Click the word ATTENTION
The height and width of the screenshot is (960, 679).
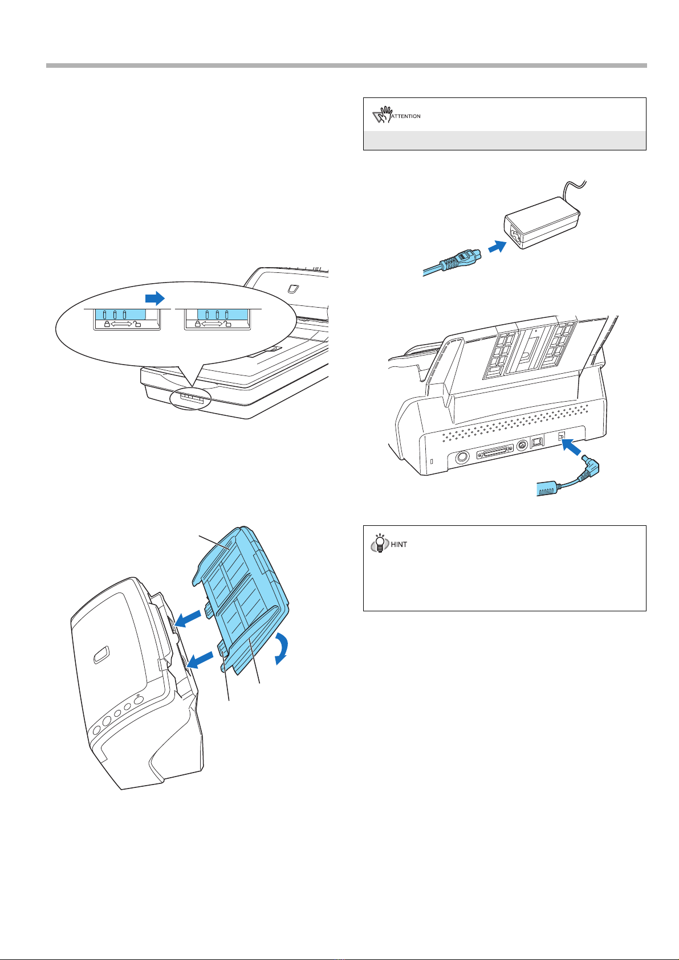[406, 116]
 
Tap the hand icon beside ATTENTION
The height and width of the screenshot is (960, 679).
[382, 115]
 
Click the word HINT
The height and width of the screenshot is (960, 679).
[399, 545]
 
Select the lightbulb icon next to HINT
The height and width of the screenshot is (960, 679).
[380, 543]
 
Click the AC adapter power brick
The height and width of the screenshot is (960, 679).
[542, 222]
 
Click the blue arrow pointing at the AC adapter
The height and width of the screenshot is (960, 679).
[498, 247]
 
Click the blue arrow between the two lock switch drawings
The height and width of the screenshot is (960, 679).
[155, 298]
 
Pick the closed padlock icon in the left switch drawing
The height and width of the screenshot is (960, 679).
[107, 324]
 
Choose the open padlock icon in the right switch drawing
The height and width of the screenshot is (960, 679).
[227, 324]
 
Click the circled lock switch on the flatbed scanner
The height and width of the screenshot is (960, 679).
[191, 399]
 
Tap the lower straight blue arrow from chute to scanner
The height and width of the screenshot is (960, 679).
[201, 659]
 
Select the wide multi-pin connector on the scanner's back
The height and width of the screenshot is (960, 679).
[495, 452]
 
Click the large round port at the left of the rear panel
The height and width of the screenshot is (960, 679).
[462, 457]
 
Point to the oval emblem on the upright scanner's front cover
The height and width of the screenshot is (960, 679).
[101, 655]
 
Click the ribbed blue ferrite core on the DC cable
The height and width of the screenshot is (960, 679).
[547, 489]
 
